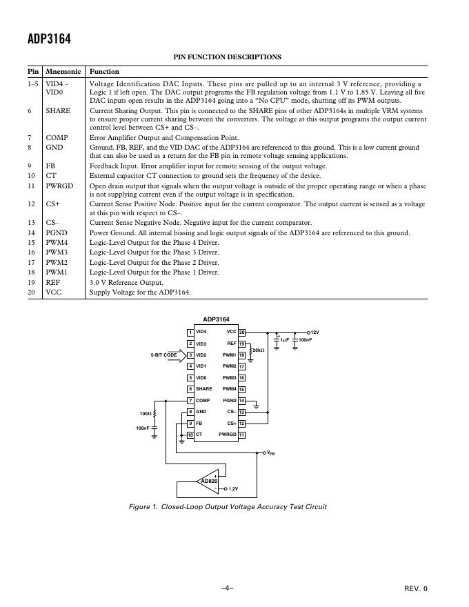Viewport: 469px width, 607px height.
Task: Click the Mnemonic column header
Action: pyautogui.click(x=63, y=72)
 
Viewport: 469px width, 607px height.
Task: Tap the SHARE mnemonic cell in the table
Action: pyautogui.click(x=58, y=110)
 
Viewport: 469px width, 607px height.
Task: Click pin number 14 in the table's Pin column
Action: pyautogui.click(x=32, y=233)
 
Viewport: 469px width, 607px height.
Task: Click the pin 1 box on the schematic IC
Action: pyautogui.click(x=190, y=332)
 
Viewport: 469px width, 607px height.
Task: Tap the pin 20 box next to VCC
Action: pyautogui.click(x=242, y=332)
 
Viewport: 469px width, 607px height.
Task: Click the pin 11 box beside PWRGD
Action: pyautogui.click(x=242, y=435)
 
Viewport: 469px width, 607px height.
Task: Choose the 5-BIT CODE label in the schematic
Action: pyautogui.click(x=164, y=355)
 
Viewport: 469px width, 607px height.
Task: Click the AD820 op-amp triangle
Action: pyautogui.click(x=208, y=481)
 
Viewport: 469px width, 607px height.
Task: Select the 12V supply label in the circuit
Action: pyautogui.click(x=315, y=332)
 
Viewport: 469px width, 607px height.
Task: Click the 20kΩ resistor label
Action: pyautogui.click(x=259, y=351)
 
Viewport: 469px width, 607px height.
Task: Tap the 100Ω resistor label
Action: pyautogui.click(x=145, y=414)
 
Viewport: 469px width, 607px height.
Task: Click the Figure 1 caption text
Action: pyautogui.click(x=228, y=507)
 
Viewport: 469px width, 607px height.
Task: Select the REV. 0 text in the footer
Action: pyautogui.click(x=416, y=588)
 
